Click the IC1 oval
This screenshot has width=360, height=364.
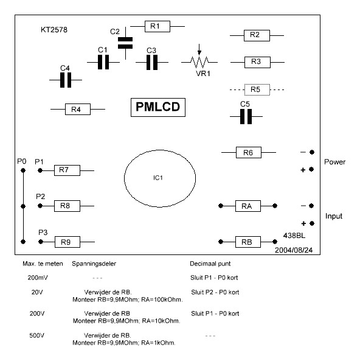pyautogui.click(x=124, y=178)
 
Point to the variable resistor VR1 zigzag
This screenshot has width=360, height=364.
pyautogui.click(x=199, y=62)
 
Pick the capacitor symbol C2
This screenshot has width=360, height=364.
pyautogui.click(x=125, y=43)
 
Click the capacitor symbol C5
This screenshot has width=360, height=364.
pyautogui.click(x=246, y=116)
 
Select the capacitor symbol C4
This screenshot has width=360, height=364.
pyautogui.click(x=66, y=80)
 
